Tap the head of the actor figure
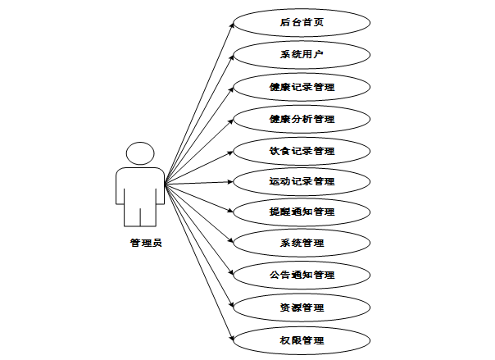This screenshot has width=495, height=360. (140, 153)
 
